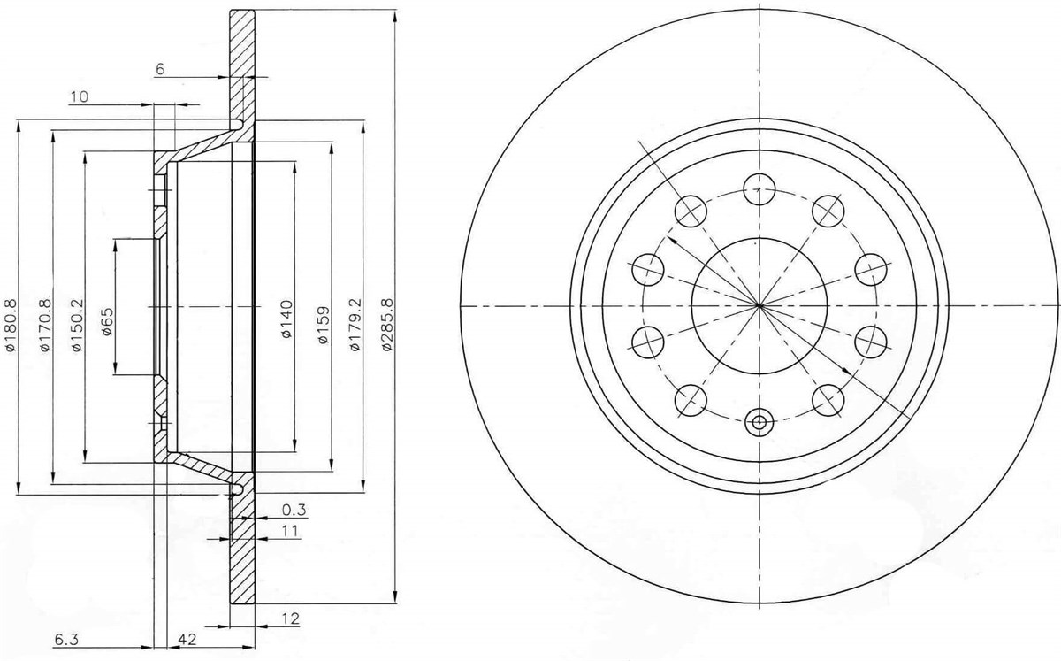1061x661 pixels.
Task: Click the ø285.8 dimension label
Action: pos(388,325)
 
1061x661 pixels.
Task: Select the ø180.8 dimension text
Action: pos(10,325)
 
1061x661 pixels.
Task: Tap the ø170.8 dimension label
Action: pos(45,325)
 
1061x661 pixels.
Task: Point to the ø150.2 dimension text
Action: pos(77,325)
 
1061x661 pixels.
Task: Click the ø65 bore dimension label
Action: pos(107,321)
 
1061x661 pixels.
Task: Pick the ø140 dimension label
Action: pos(287,319)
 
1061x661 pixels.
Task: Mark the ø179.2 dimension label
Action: pos(355,325)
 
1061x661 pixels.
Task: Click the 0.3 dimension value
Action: pos(294,510)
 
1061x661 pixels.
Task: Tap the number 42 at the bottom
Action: pos(187,639)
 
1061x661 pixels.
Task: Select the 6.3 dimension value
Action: pos(65,640)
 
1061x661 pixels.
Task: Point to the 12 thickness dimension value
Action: pos(291,619)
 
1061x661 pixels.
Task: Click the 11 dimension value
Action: pos(291,531)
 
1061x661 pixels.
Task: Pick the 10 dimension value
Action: pos(79,96)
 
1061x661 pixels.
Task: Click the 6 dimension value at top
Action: pos(160,69)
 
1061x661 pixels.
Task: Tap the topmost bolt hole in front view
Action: pos(759,189)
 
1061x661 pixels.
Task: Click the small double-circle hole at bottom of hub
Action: pos(759,421)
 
